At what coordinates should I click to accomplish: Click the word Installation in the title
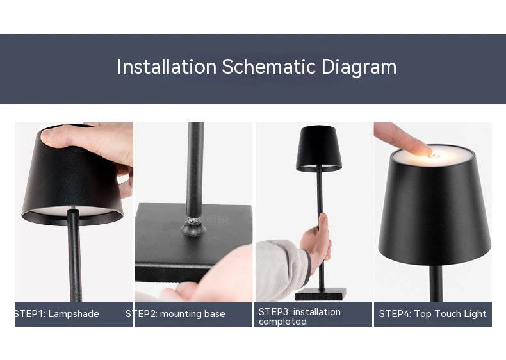click(x=167, y=67)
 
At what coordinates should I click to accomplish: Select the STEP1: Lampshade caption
click(x=57, y=314)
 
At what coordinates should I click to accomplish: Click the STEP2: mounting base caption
click(x=175, y=314)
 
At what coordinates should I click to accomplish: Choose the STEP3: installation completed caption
click(x=299, y=316)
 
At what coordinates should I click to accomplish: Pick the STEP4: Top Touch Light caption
click(x=432, y=314)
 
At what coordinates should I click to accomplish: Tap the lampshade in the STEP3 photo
click(x=318, y=149)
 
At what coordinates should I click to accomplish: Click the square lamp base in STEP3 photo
click(x=320, y=294)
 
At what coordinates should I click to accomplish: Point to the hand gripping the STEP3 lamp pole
click(x=318, y=240)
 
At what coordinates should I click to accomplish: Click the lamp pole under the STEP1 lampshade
click(x=74, y=256)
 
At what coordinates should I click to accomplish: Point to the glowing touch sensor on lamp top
click(x=433, y=154)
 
